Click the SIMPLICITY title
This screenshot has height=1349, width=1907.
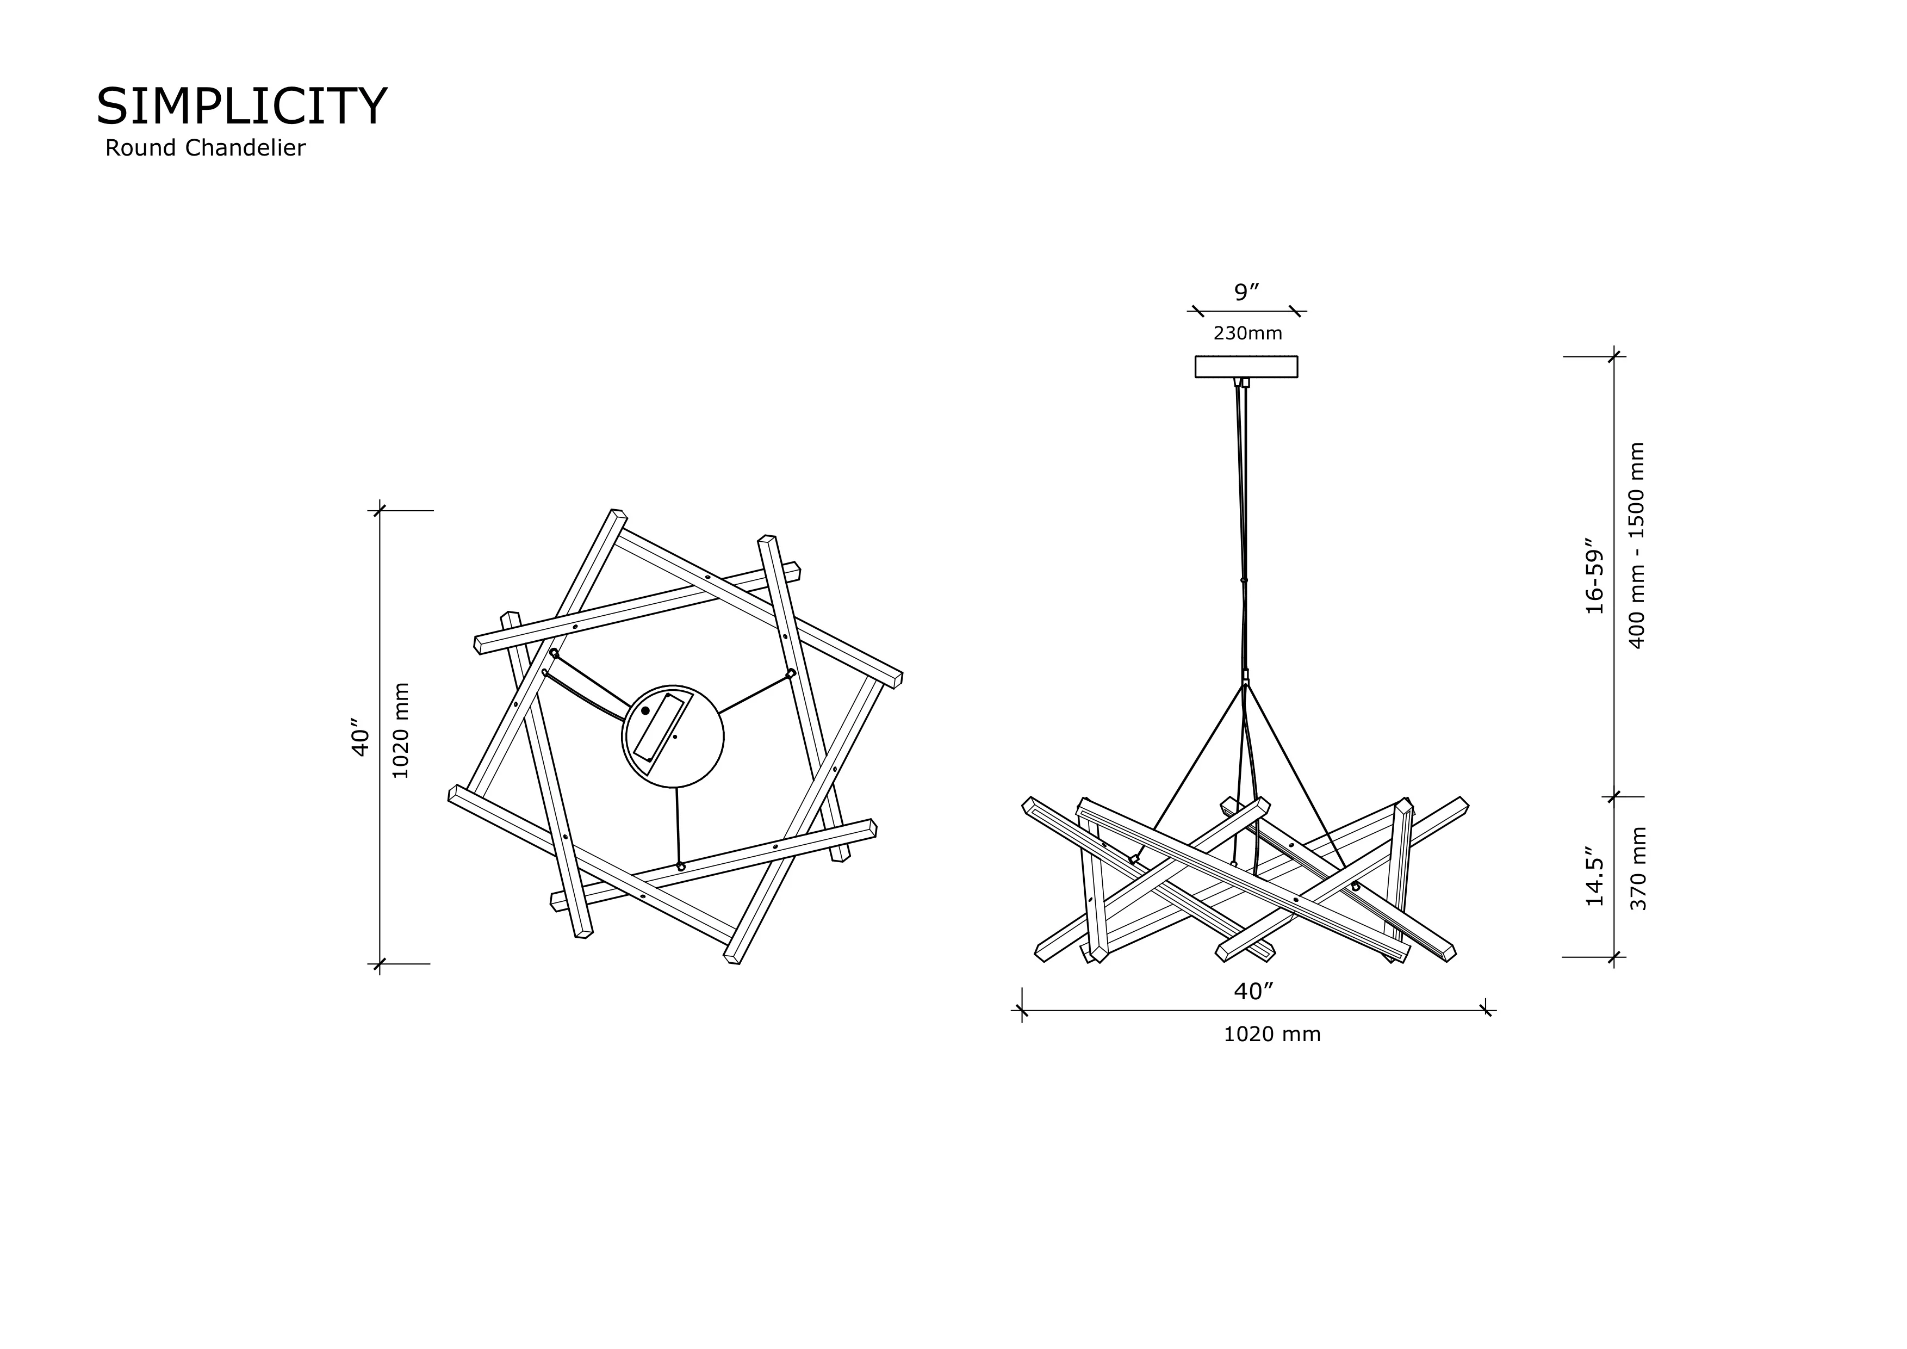tap(241, 106)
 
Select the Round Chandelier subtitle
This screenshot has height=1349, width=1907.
tap(205, 148)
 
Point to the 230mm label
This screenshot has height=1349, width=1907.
tap(1247, 333)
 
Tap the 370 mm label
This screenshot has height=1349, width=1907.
tap(1638, 868)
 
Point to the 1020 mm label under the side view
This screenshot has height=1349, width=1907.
tap(1272, 1034)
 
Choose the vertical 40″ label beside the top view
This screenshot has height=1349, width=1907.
tap(359, 738)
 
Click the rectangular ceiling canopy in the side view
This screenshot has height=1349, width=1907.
tap(1246, 366)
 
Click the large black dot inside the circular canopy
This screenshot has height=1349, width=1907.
tap(645, 711)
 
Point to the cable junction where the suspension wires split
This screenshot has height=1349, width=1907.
tap(1245, 683)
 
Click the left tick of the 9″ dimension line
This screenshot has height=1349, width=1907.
tap(1197, 312)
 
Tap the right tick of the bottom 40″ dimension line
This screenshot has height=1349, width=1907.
tap(1486, 1011)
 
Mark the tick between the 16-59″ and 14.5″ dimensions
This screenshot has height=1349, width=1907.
tap(1614, 796)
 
